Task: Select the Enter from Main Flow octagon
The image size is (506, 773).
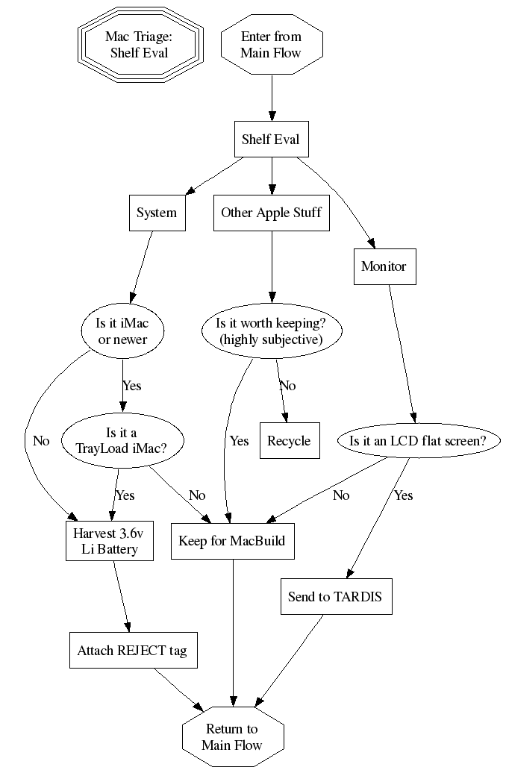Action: pyautogui.click(x=271, y=45)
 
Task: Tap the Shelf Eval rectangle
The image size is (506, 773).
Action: pyautogui.click(x=271, y=139)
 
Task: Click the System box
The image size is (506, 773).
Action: pyautogui.click(x=157, y=213)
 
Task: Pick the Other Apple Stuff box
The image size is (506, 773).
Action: pyautogui.click(x=271, y=213)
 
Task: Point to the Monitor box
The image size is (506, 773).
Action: pyautogui.click(x=384, y=266)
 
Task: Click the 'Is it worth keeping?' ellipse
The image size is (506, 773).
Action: pyautogui.click(x=271, y=331)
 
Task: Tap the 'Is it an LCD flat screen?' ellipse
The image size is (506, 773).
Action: pyautogui.click(x=417, y=441)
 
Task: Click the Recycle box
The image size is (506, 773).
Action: pyautogui.click(x=289, y=440)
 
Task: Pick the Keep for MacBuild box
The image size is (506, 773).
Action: pyautogui.click(x=232, y=541)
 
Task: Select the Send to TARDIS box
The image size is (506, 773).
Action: pyautogui.click(x=336, y=597)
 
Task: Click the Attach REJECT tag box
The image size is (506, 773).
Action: pyautogui.click(x=132, y=651)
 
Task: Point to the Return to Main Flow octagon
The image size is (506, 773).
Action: pyautogui.click(x=232, y=736)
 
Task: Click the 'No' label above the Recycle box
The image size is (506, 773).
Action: pyautogui.click(x=287, y=386)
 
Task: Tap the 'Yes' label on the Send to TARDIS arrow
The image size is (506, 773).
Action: pyautogui.click(x=403, y=495)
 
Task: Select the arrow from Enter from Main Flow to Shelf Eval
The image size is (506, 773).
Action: pyautogui.click(x=271, y=93)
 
